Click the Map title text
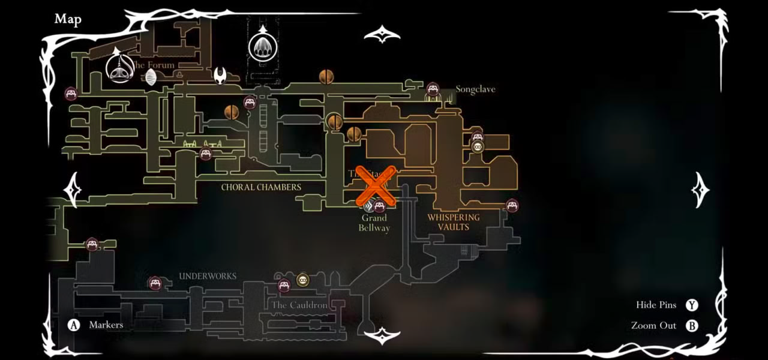pyautogui.click(x=68, y=19)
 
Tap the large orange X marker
pyautogui.click(x=376, y=187)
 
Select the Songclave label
pyautogui.click(x=475, y=89)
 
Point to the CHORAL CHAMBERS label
pyautogui.click(x=261, y=187)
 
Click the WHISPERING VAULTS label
pyautogui.click(x=454, y=222)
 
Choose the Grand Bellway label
pyautogui.click(x=374, y=223)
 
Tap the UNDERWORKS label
pyautogui.click(x=208, y=277)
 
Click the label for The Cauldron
pyautogui.click(x=299, y=305)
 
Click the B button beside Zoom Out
pyautogui.click(x=692, y=326)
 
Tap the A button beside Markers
pyautogui.click(x=74, y=325)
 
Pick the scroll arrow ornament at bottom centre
pyautogui.click(x=382, y=335)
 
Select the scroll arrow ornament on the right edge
pyautogui.click(x=700, y=190)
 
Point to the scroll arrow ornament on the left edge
pyautogui.click(x=73, y=190)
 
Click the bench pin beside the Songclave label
pyautogui.click(x=433, y=90)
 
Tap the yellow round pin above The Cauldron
pyautogui.click(x=302, y=280)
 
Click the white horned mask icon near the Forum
pyautogui.click(x=221, y=76)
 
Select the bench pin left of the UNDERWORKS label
pyautogui.click(x=155, y=283)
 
